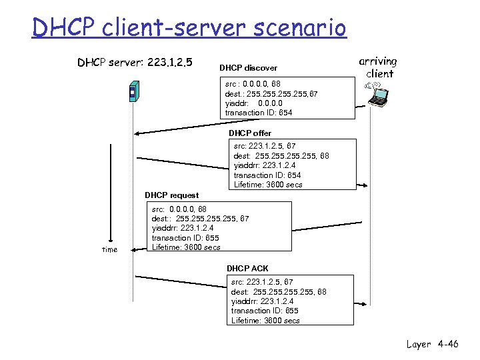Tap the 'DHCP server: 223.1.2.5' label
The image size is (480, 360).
click(x=135, y=63)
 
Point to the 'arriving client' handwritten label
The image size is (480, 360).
click(x=379, y=67)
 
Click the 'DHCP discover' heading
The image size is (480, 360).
click(x=248, y=68)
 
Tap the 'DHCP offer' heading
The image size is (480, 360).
click(x=250, y=133)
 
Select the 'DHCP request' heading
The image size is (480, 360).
click(x=171, y=195)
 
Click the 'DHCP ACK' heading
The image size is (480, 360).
click(x=247, y=269)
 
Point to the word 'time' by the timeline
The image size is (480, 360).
click(x=109, y=250)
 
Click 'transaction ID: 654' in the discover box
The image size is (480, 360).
click(x=259, y=113)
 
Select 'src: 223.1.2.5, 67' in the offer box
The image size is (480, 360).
click(x=265, y=146)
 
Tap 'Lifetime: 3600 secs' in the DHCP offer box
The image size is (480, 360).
click(x=268, y=185)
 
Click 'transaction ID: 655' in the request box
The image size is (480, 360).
click(x=185, y=238)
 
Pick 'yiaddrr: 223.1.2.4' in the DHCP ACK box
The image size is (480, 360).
click(x=265, y=301)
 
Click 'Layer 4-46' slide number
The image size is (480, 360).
click(x=433, y=345)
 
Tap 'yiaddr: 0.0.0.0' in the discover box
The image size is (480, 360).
click(x=253, y=103)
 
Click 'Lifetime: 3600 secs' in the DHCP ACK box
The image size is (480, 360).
click(x=265, y=321)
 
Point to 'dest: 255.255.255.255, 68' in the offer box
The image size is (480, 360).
click(x=281, y=156)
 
